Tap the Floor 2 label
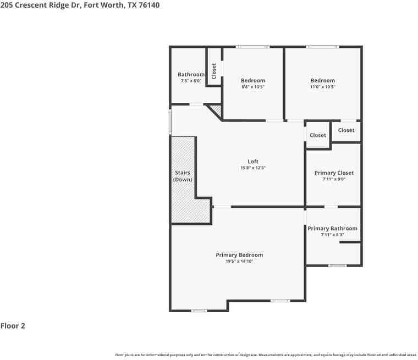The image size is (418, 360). tap(13, 326)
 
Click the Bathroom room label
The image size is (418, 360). tap(191, 75)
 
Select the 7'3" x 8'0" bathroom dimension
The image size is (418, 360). tap(191, 81)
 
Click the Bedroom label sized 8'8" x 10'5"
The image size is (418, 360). tap(253, 81)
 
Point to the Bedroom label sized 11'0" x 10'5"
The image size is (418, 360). tap(322, 81)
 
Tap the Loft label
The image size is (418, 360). tap(253, 162)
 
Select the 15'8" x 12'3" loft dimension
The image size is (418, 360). tap(253, 168)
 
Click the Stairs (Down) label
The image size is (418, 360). tap(183, 176)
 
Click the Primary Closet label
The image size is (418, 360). tap(334, 173)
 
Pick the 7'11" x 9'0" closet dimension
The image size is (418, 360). tap(334, 179)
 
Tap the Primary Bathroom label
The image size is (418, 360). tap(332, 229)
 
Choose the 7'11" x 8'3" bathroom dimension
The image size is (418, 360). tap(332, 235)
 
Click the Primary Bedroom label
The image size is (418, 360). tap(239, 255)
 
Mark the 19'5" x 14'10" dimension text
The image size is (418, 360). tap(239, 262)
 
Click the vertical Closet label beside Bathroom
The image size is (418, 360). tap(214, 71)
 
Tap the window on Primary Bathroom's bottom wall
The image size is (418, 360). tap(338, 266)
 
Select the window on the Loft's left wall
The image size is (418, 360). tap(170, 121)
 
